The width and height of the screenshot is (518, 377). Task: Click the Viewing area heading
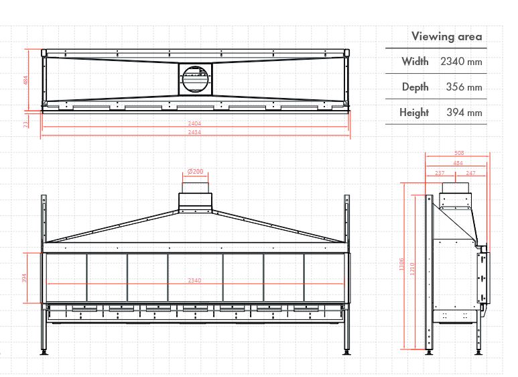click(x=446, y=36)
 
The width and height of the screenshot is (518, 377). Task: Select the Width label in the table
click(x=415, y=62)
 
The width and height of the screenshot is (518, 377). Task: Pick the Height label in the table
click(x=414, y=113)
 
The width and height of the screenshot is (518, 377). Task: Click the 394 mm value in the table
click(x=464, y=113)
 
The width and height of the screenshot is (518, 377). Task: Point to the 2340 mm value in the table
click(x=461, y=62)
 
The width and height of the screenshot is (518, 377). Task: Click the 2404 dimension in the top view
click(x=194, y=123)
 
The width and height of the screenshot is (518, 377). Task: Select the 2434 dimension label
click(x=194, y=132)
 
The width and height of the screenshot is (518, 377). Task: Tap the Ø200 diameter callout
click(x=195, y=172)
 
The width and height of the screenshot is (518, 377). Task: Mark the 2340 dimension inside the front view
click(x=194, y=280)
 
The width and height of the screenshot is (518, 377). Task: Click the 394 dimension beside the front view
click(x=26, y=278)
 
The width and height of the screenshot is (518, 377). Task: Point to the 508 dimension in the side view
click(x=458, y=154)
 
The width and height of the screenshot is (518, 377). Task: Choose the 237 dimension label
click(x=440, y=173)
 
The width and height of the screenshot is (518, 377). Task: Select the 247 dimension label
click(x=471, y=173)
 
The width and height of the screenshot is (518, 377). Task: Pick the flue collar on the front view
click(x=195, y=200)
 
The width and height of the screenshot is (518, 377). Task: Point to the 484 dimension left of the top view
click(x=26, y=80)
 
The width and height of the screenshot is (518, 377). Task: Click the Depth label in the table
click(x=415, y=87)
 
